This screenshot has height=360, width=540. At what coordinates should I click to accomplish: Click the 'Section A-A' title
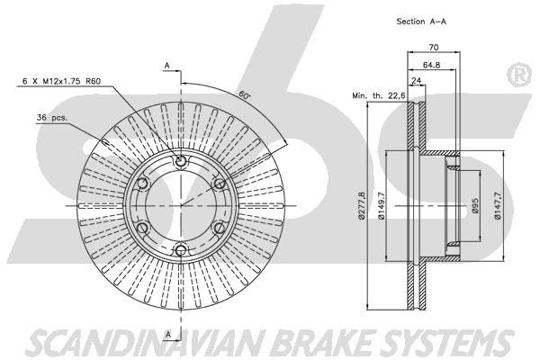point(421,22)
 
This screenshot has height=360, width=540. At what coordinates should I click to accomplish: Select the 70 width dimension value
point(434,47)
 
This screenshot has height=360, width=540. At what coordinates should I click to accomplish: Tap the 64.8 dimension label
point(431,65)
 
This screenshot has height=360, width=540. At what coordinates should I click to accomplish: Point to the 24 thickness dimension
point(417,81)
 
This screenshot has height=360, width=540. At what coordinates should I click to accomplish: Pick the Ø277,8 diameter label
point(361,205)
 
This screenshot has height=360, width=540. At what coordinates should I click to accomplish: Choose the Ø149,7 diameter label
point(382,205)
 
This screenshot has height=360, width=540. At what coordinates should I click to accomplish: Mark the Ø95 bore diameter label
point(475,206)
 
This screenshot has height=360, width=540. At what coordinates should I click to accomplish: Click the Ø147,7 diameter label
point(498,206)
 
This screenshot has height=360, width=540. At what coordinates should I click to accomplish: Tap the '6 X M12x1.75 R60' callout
point(61,81)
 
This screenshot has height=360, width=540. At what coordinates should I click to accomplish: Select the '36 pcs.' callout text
point(52,118)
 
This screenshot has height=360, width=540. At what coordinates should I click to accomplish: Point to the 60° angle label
point(244,95)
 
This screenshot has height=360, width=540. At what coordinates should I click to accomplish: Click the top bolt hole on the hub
point(181,161)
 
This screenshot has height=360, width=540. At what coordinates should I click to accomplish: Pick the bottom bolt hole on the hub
point(181,250)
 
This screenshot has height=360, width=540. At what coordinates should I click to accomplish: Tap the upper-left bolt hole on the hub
point(142,184)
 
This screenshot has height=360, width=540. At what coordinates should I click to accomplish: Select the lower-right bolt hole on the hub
point(220,228)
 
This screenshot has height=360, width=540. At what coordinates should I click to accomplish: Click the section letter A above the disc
point(167,66)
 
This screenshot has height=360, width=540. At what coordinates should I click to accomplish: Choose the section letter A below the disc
point(168,334)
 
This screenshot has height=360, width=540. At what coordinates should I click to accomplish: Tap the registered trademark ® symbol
point(519,75)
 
